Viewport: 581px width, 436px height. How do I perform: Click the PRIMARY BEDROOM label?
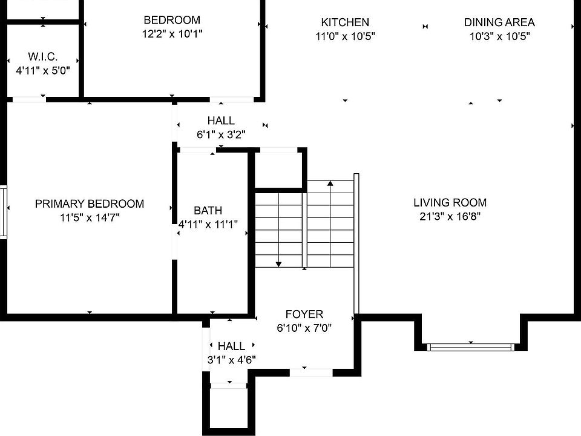tap(90, 203)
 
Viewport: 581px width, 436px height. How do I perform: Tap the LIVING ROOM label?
tap(450, 202)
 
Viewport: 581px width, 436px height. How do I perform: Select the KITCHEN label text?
tap(345, 22)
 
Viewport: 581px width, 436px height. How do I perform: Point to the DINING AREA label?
tap(499, 22)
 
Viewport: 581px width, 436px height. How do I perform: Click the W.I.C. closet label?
tap(42, 57)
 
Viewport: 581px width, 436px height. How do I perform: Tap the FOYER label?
tap(304, 314)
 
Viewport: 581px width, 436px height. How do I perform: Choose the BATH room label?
tap(208, 211)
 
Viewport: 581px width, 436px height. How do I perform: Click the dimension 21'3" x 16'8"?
tap(450, 216)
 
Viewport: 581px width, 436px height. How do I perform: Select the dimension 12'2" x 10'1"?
tap(172, 34)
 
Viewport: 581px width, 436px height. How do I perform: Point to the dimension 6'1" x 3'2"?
tap(221, 134)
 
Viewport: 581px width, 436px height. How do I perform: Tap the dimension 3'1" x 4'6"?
tap(232, 360)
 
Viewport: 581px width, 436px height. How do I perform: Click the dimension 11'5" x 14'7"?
tap(90, 217)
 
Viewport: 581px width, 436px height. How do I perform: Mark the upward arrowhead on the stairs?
tap(330, 183)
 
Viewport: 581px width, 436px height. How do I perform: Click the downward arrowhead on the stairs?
tap(278, 265)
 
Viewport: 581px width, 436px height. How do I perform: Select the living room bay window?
tap(471, 348)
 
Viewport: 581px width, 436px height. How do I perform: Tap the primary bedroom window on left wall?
tap(4, 212)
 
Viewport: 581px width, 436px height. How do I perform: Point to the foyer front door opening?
tap(311, 372)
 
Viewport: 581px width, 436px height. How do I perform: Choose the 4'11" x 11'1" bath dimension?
tap(208, 224)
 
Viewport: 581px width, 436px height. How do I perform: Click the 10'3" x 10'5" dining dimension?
tap(499, 36)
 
